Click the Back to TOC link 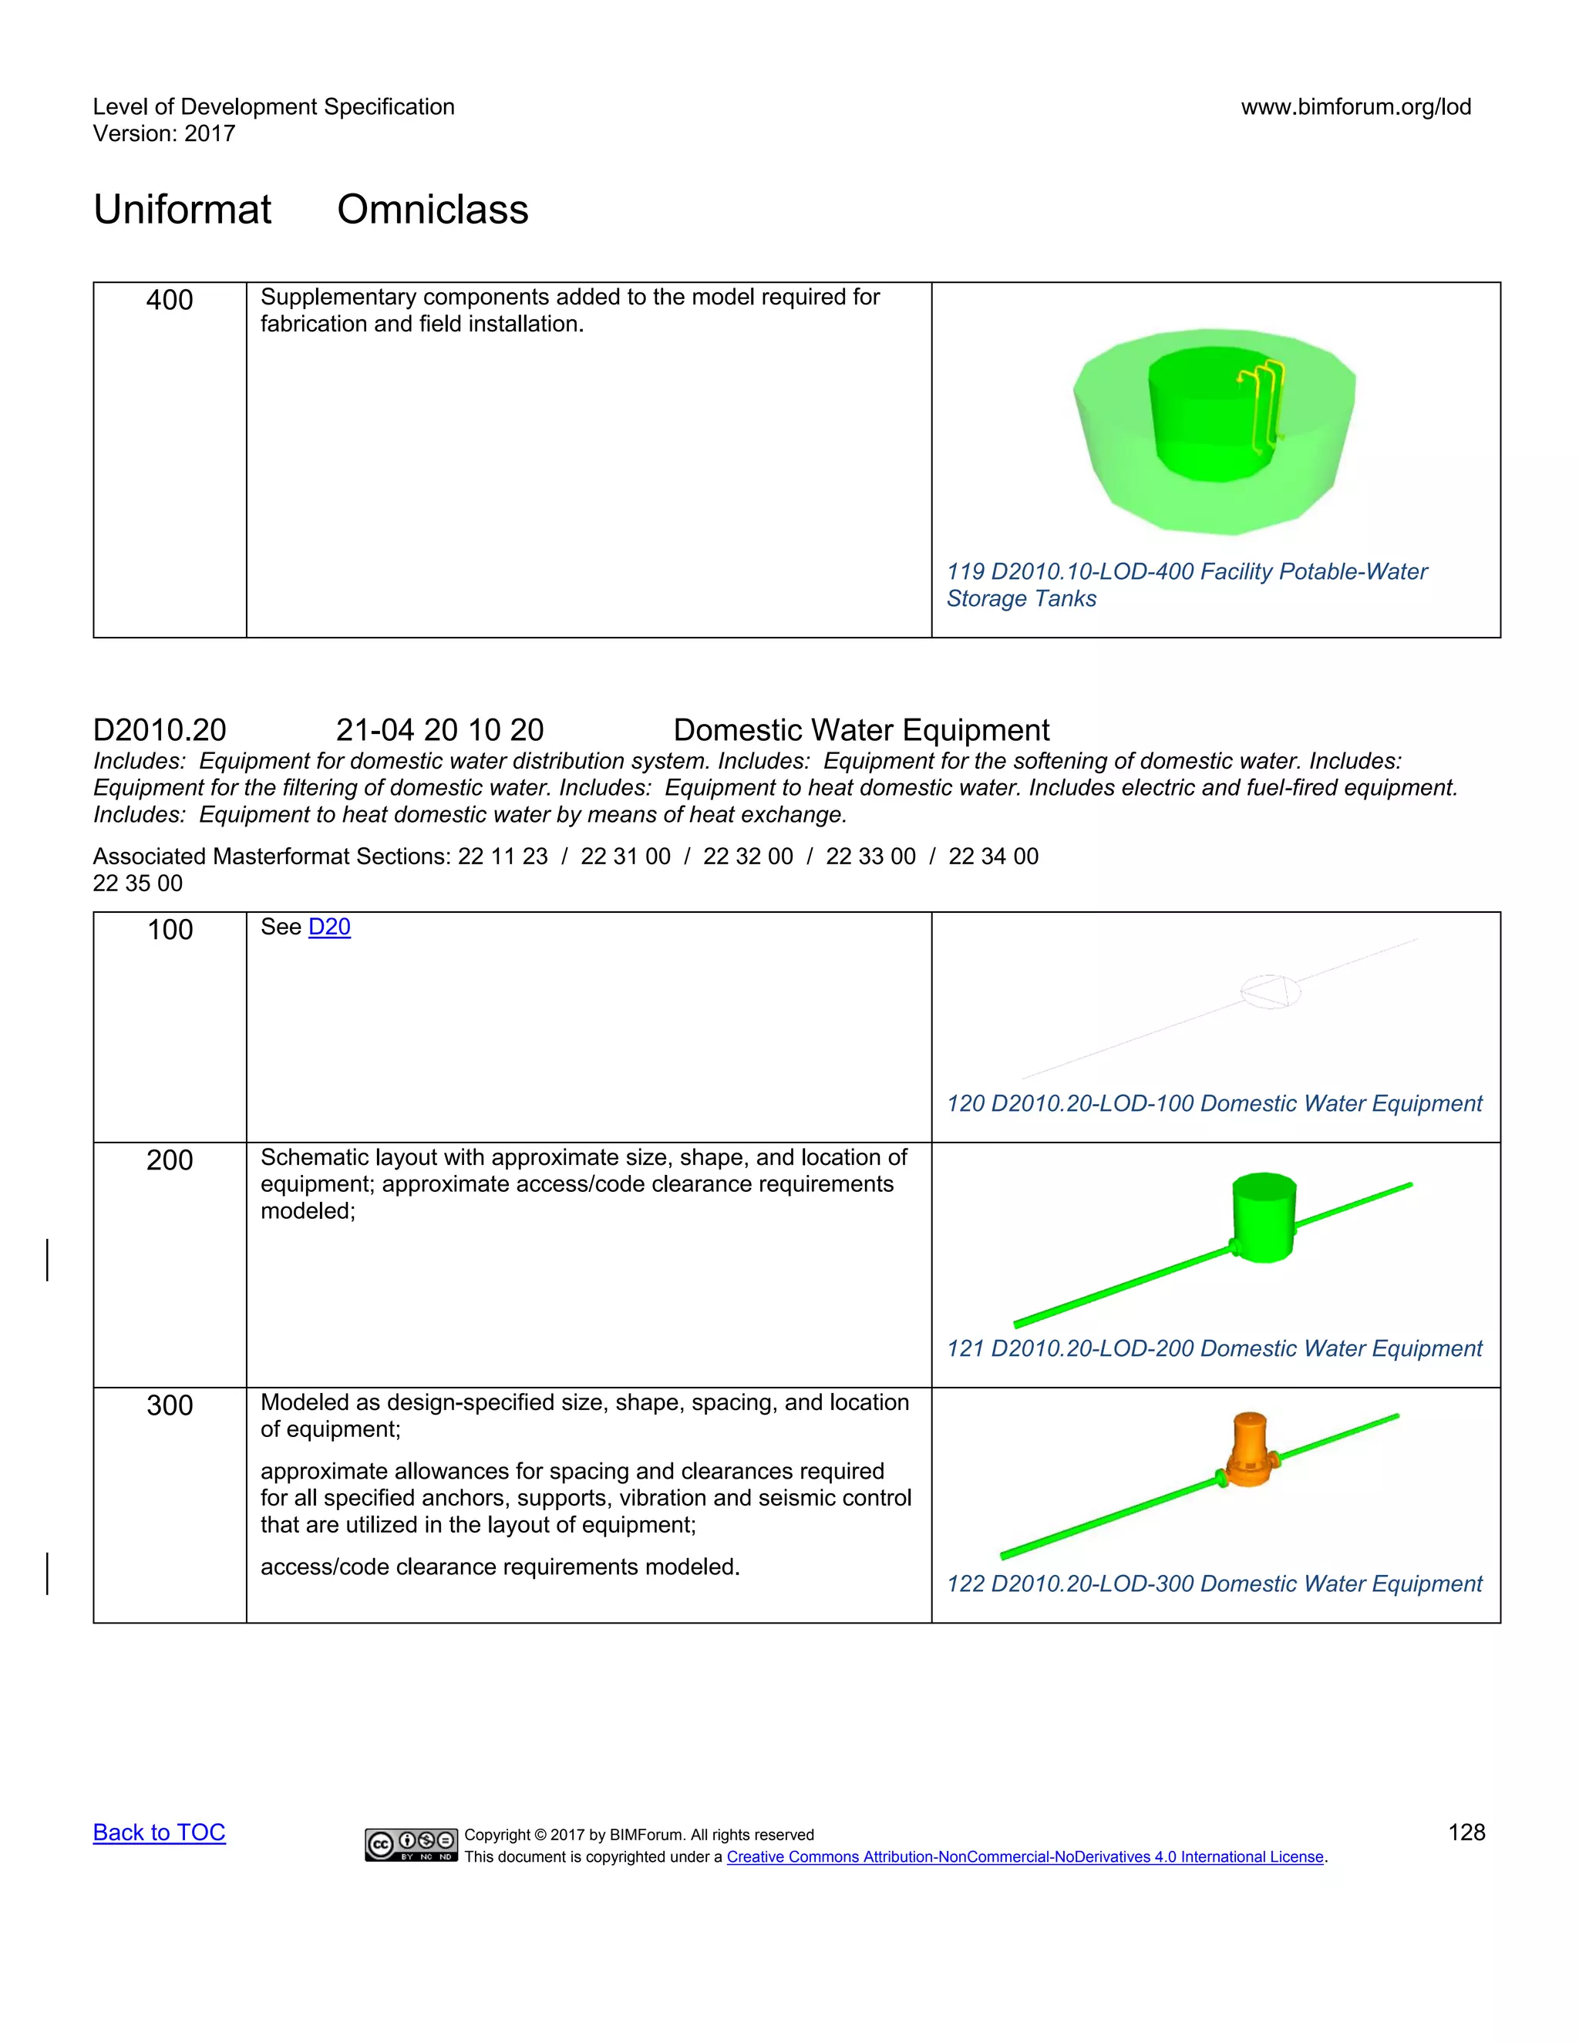pyautogui.click(x=159, y=1833)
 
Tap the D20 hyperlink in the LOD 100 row pyautogui.click(x=329, y=927)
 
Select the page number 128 pyautogui.click(x=1466, y=1833)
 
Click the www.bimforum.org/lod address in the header pyautogui.click(x=1355, y=106)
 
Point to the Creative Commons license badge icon pyautogui.click(x=411, y=1845)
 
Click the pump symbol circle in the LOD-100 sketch pyautogui.click(x=1269, y=991)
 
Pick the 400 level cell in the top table pyautogui.click(x=170, y=300)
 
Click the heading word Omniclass pyautogui.click(x=433, y=210)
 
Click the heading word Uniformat pyautogui.click(x=183, y=210)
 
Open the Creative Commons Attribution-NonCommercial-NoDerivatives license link pyautogui.click(x=1025, y=1857)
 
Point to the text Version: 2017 pyautogui.click(x=163, y=134)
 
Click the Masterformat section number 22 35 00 pyautogui.click(x=137, y=883)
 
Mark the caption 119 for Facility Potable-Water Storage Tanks pyautogui.click(x=1186, y=584)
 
